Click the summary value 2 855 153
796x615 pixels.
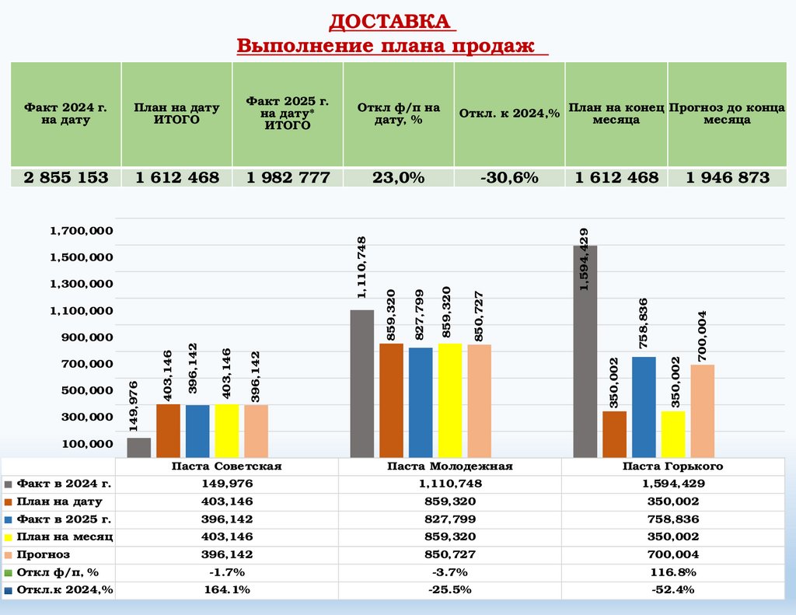pyautogui.click(x=66, y=177)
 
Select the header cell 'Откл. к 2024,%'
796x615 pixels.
pyautogui.click(x=510, y=114)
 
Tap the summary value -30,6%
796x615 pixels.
pyautogui.click(x=510, y=177)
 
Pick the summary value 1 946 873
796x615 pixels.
pyautogui.click(x=728, y=177)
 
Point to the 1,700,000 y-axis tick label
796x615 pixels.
pyautogui.click(x=81, y=230)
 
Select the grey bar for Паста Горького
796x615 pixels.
pyautogui.click(x=585, y=351)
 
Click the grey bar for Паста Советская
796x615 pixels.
pyautogui.click(x=139, y=447)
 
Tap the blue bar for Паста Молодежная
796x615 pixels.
pyautogui.click(x=421, y=402)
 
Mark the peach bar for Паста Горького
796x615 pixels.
pyautogui.click(x=702, y=411)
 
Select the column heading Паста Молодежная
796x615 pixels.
pyautogui.click(x=450, y=466)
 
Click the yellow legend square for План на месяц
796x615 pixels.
pyautogui.click(x=8, y=537)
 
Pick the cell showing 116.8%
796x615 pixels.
pyautogui.click(x=672, y=572)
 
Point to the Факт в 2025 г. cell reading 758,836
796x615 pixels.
pyautogui.click(x=672, y=519)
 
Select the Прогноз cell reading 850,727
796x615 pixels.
pyautogui.click(x=450, y=555)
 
